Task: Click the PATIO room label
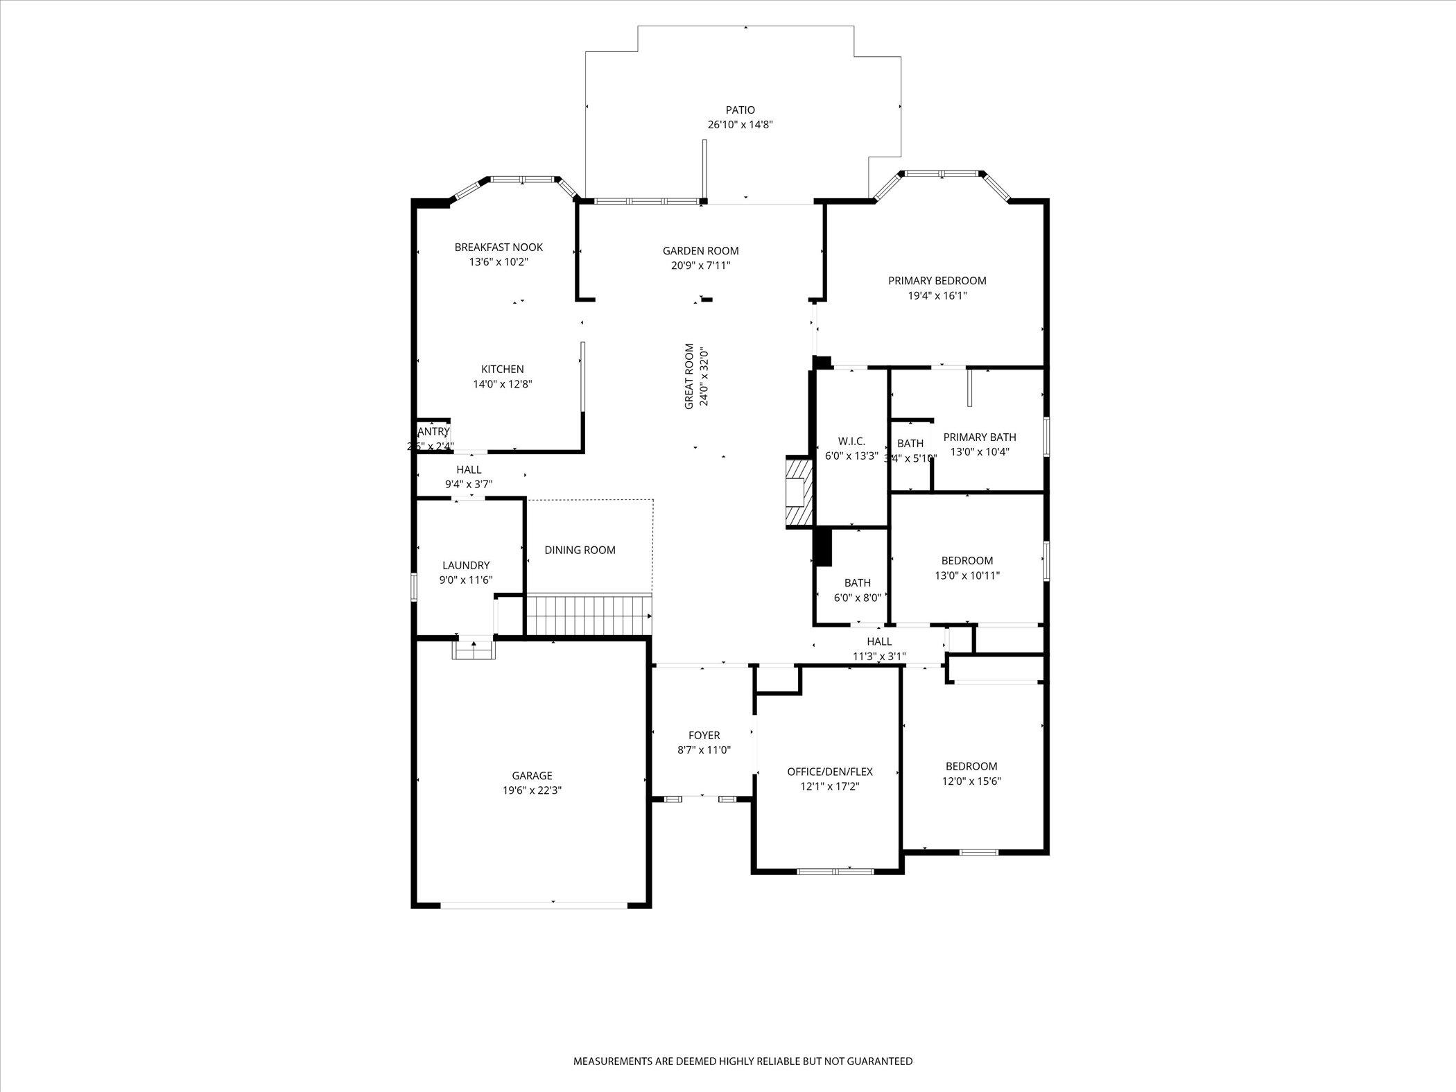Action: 740,110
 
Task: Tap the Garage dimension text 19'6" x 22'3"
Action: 532,790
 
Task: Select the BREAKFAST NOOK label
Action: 499,248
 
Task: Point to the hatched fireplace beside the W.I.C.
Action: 799,492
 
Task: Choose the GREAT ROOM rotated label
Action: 689,376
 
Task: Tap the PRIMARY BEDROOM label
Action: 937,281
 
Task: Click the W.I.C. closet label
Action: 851,442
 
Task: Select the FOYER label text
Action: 704,736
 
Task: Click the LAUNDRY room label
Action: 466,566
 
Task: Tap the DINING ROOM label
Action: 580,551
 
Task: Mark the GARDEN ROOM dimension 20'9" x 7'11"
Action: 700,266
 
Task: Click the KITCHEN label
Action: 503,370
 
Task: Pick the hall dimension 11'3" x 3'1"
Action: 878,657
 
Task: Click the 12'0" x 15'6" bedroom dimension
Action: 971,781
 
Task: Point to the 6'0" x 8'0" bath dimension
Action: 857,598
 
